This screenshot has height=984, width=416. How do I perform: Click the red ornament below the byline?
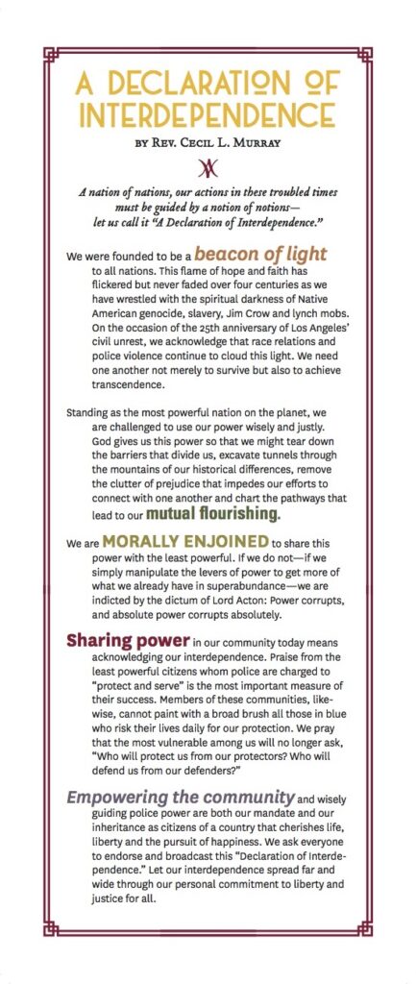point(208,169)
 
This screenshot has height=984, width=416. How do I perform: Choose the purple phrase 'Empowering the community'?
point(180,796)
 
